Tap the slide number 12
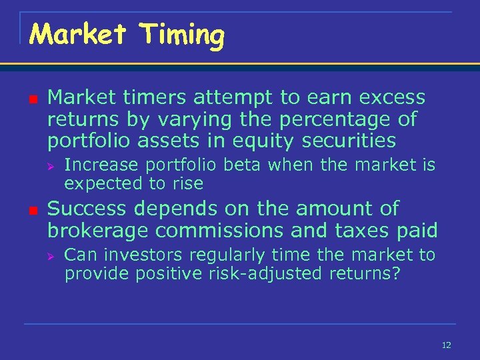point(446,345)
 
